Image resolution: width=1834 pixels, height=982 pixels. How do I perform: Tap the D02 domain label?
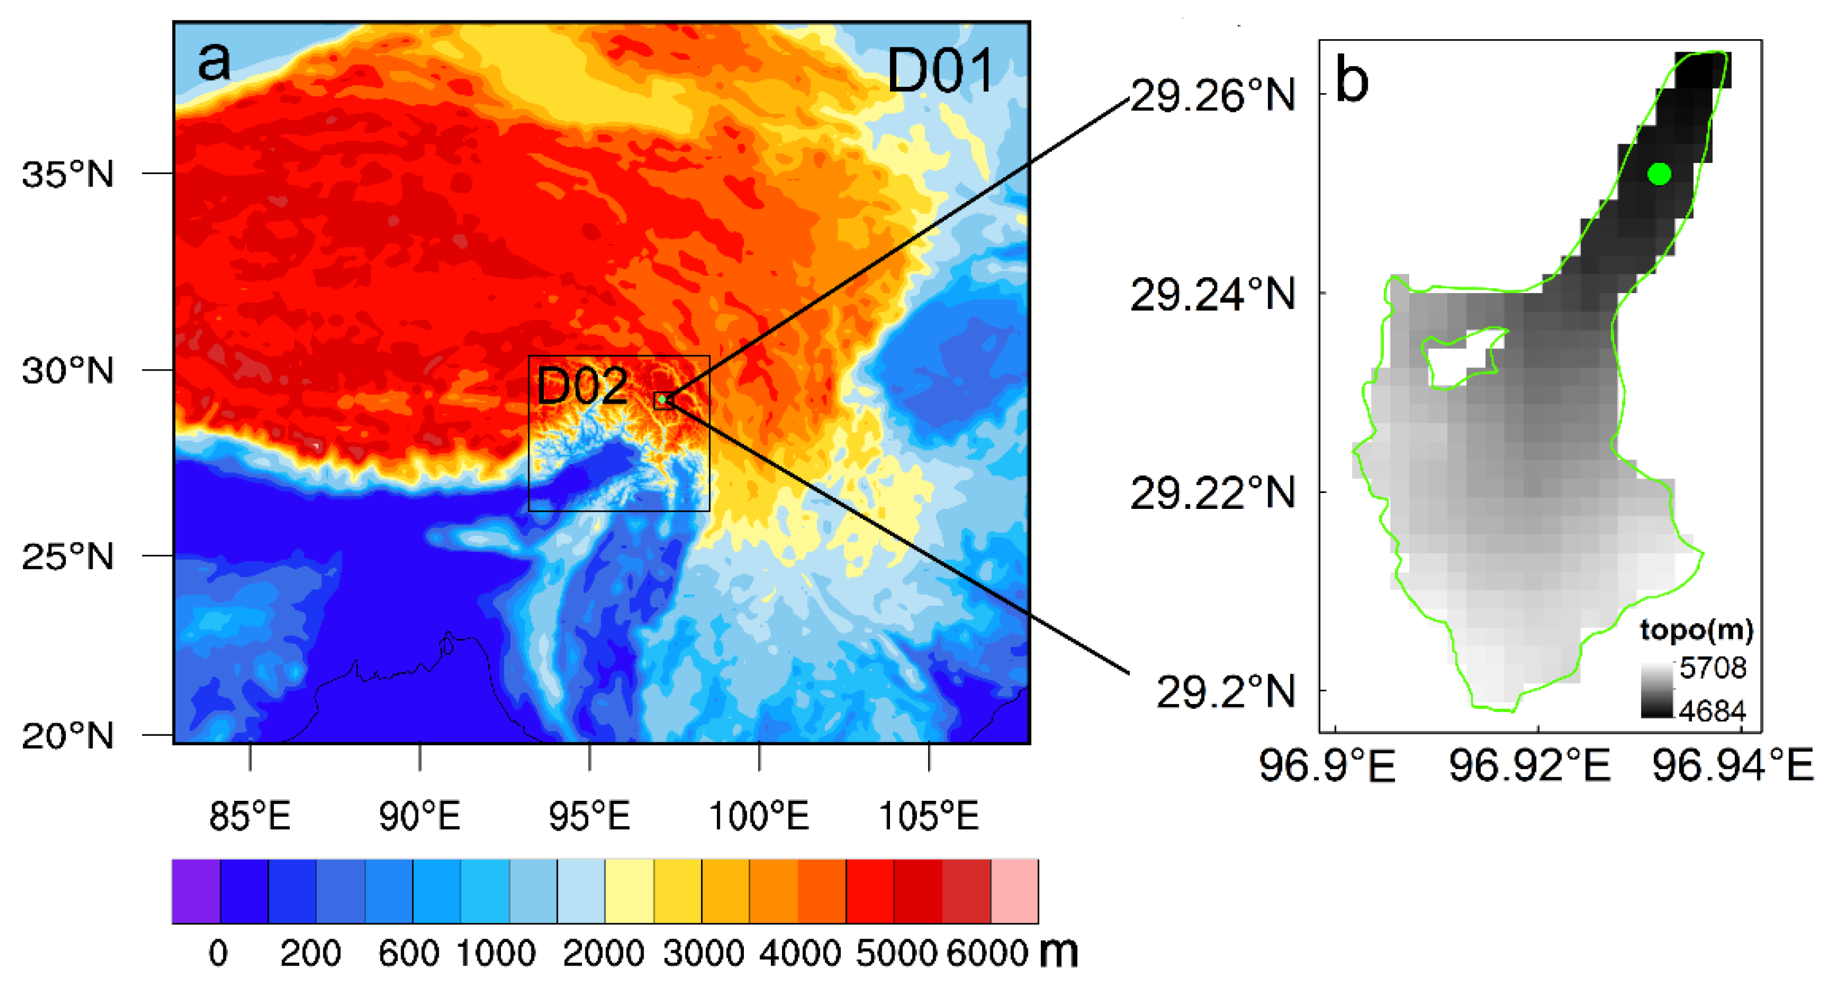coord(583,386)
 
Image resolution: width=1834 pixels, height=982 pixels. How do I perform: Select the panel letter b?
coord(1352,80)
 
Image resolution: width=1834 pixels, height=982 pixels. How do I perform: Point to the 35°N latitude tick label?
coord(68,174)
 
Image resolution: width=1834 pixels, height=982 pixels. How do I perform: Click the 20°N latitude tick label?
coord(68,735)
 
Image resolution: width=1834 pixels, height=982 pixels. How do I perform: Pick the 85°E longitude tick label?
coord(250,815)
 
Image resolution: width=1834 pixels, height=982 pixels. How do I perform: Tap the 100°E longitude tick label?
coord(759,815)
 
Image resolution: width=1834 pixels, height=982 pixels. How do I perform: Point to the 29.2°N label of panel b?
coord(1224,690)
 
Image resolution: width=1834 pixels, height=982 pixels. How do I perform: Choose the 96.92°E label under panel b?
coord(1530,766)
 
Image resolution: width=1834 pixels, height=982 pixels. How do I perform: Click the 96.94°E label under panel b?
coord(1732,766)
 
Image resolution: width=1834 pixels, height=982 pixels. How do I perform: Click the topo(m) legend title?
coord(1697,629)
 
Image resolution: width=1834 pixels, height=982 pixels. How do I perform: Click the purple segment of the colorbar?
coord(196,892)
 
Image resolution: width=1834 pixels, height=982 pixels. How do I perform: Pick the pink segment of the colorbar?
coord(1014,892)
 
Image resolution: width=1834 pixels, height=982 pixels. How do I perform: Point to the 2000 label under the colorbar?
coord(604,953)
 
